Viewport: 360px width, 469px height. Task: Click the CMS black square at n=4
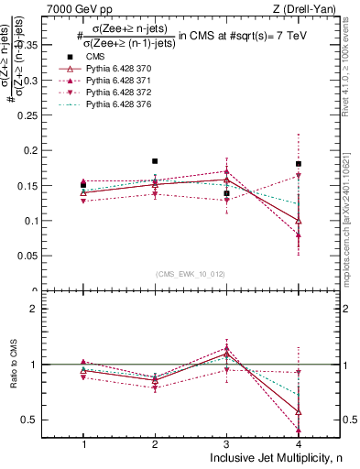298,164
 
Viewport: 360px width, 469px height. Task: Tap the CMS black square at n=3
226,193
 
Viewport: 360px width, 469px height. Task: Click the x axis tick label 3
226,443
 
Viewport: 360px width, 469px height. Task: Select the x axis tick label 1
83,443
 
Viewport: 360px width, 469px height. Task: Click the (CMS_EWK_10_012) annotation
191,274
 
